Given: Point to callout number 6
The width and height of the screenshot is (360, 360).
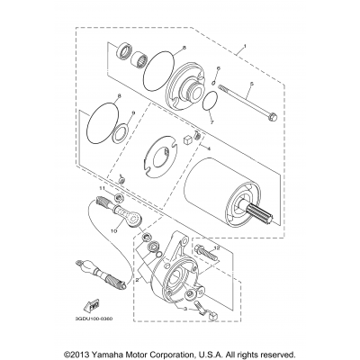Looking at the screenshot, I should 219,68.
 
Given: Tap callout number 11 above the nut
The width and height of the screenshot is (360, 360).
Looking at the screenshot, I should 113,187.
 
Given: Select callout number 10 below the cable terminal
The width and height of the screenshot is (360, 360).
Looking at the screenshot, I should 113,230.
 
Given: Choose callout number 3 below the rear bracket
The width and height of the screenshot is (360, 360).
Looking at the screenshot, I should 184,308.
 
